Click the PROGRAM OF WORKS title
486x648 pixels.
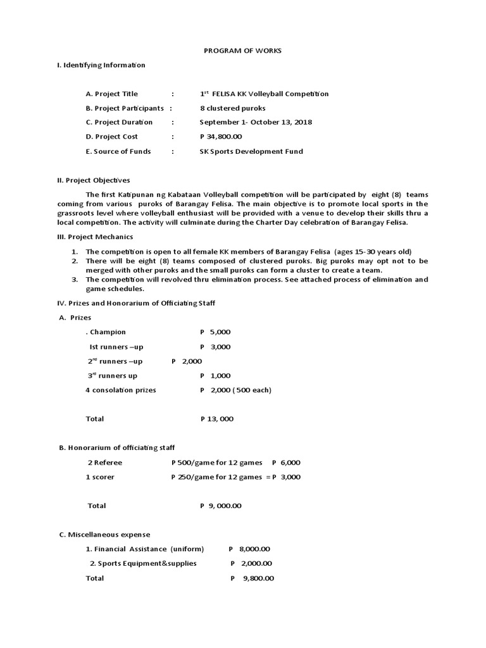coord(242,50)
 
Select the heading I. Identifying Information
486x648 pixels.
coord(101,65)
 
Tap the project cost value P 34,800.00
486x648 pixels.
coord(221,137)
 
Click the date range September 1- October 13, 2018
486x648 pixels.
coord(256,122)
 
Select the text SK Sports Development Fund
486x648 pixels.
coord(251,151)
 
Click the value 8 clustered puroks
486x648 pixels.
coord(232,108)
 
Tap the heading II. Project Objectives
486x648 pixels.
coord(93,180)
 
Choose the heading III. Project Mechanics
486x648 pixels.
coord(95,237)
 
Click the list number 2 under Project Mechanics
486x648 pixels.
coord(74,261)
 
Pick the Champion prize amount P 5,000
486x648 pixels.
coord(215,332)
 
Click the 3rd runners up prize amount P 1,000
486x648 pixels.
coord(215,376)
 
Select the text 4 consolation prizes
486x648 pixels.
coord(120,390)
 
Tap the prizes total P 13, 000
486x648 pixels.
coord(216,419)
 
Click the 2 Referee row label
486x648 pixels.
coord(105,463)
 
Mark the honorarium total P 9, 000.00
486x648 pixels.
coord(220,506)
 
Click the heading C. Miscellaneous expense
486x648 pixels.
coord(104,535)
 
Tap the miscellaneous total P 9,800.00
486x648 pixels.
coord(252,578)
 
